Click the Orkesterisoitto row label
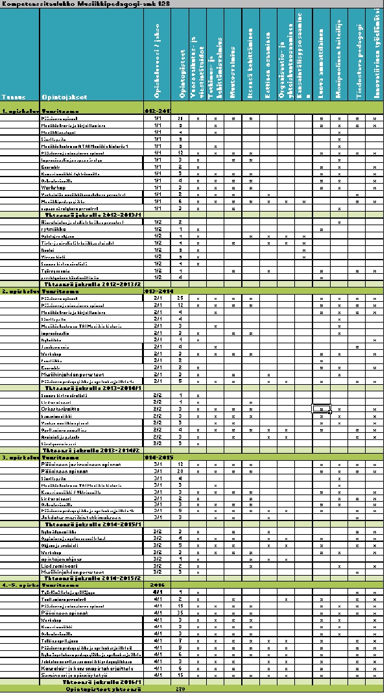[x=58, y=409]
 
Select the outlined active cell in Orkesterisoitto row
[x=322, y=410]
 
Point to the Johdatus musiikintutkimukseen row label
[x=71, y=517]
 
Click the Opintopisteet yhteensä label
[x=104, y=689]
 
